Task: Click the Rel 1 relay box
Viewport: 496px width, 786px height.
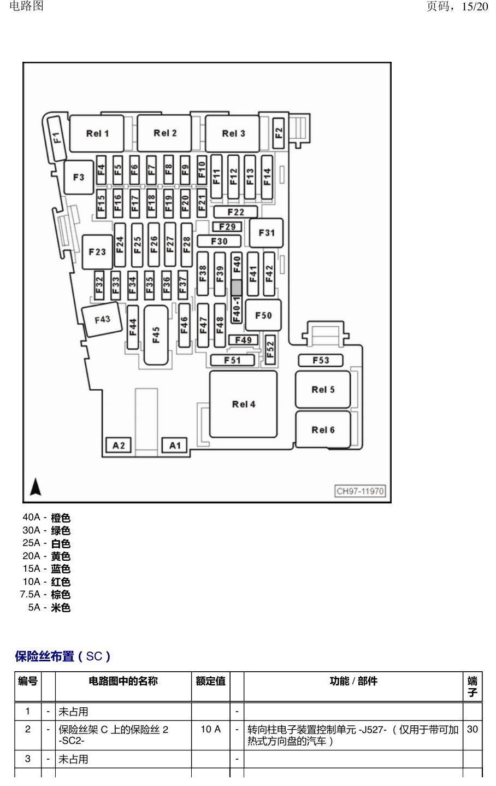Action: click(x=97, y=133)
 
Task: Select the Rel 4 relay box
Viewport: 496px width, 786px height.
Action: click(x=244, y=404)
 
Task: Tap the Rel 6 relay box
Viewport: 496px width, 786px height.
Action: click(x=323, y=430)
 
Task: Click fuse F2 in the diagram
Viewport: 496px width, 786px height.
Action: click(x=279, y=133)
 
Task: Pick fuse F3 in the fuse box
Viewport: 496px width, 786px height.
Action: click(x=79, y=177)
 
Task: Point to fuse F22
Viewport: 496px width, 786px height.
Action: click(x=236, y=212)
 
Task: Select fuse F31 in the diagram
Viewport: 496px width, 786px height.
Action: click(x=266, y=233)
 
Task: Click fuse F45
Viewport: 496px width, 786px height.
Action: click(x=156, y=335)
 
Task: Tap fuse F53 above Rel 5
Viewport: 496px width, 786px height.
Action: click(x=321, y=360)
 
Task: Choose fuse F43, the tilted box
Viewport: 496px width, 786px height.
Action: click(x=102, y=319)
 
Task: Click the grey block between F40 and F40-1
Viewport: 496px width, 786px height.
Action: click(x=237, y=288)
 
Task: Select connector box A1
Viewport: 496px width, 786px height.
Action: click(x=174, y=445)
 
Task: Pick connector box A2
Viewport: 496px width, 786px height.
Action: click(x=119, y=445)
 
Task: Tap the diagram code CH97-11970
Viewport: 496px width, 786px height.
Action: click(x=360, y=491)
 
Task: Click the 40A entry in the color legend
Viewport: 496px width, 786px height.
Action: click(x=46, y=518)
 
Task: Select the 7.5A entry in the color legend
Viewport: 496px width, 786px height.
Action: click(x=45, y=594)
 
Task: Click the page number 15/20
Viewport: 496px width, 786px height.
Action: click(x=475, y=7)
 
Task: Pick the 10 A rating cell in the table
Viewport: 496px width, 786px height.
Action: click(x=210, y=729)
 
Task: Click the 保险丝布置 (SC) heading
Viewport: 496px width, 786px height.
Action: click(x=62, y=656)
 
